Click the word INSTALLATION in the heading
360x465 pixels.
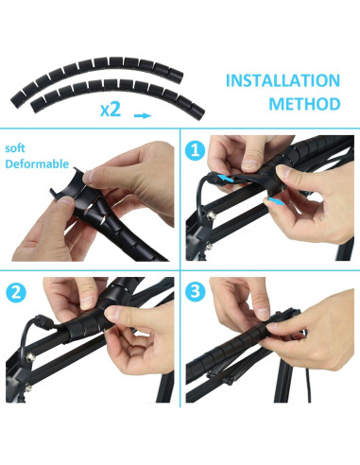(x=283, y=80)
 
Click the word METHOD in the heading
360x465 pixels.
(x=304, y=104)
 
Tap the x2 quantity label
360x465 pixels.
(x=111, y=110)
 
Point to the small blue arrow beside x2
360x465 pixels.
(x=143, y=115)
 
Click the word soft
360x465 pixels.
(x=15, y=148)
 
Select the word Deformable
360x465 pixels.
(x=37, y=164)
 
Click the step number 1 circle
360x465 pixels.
(x=196, y=150)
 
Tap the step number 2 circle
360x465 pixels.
(x=16, y=293)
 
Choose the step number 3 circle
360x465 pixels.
(x=196, y=291)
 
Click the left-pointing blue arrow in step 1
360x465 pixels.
(x=226, y=179)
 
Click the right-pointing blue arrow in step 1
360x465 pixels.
(x=277, y=200)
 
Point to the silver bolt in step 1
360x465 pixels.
(x=210, y=215)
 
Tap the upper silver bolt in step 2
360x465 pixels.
(x=30, y=357)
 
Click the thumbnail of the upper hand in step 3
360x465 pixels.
(x=262, y=313)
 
